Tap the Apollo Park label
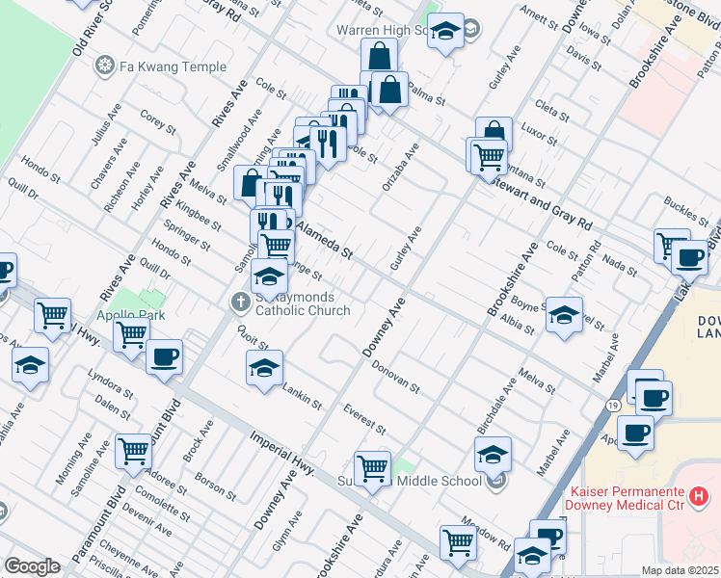coord(129,315)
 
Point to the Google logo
coord(32,565)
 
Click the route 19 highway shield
coord(613,406)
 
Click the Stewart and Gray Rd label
coord(540,198)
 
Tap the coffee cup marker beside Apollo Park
coord(163,357)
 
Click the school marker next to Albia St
coord(564,314)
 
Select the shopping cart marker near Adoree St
coord(133,450)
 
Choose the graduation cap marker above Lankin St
coord(265,368)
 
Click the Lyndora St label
coord(108,381)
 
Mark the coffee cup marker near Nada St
coord(690,258)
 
